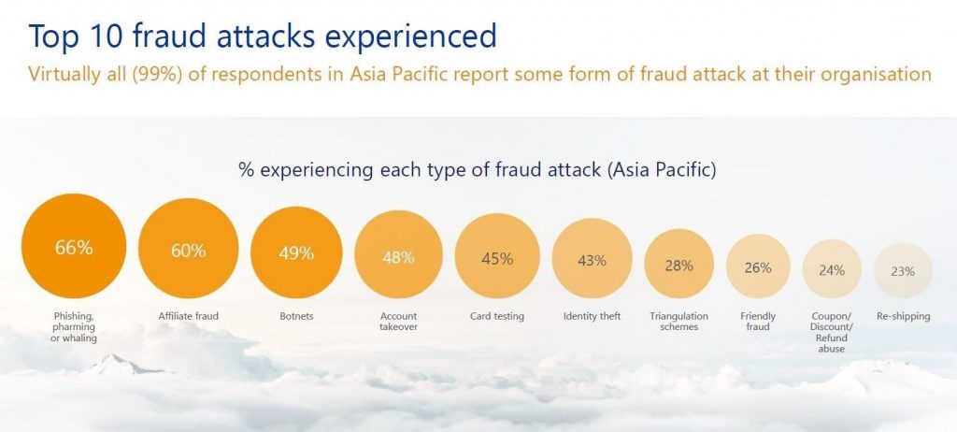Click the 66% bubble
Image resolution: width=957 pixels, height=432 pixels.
coord(74,246)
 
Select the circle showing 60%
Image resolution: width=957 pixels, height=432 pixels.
coord(189,249)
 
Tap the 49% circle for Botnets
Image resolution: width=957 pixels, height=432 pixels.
coord(296,252)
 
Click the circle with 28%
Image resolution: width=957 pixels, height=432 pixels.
coord(679,264)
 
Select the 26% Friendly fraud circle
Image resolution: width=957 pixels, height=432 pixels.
coord(758,266)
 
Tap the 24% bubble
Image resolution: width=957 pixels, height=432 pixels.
coord(832,269)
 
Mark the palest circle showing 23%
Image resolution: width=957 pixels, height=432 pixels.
coord(904,270)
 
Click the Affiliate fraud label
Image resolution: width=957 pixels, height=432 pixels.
coord(189,316)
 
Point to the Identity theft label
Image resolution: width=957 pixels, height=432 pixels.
coord(592,316)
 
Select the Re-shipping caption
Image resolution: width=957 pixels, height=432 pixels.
coord(904,316)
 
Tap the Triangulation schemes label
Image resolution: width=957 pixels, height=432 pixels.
coord(679,322)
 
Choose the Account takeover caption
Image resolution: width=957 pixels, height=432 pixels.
coord(398,322)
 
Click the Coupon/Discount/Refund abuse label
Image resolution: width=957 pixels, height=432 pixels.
coord(831,332)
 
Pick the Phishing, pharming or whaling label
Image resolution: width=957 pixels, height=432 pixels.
coord(74,327)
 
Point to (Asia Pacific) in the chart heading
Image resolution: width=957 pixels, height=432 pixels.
coord(662,169)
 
